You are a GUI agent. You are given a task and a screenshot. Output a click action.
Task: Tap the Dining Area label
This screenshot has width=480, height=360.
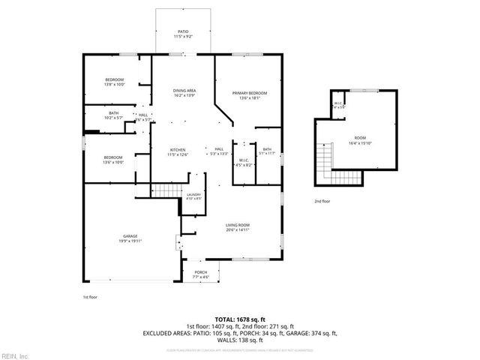point(184,93)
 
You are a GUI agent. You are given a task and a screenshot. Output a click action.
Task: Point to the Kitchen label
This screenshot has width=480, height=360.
point(178,151)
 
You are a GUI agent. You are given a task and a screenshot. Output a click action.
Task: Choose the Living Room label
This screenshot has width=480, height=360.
point(238,228)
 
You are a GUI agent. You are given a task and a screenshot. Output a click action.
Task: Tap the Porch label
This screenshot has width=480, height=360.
point(200,274)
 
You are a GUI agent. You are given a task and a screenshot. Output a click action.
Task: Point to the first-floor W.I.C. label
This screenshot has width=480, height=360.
point(244,161)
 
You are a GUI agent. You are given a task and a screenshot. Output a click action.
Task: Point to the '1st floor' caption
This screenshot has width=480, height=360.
point(90,297)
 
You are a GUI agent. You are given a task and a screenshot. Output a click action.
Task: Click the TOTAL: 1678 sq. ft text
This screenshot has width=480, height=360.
point(239,319)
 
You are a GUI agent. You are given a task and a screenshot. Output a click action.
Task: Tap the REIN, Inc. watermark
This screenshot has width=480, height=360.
point(15,355)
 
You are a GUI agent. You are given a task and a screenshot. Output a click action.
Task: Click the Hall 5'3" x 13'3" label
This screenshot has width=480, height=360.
point(219,151)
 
